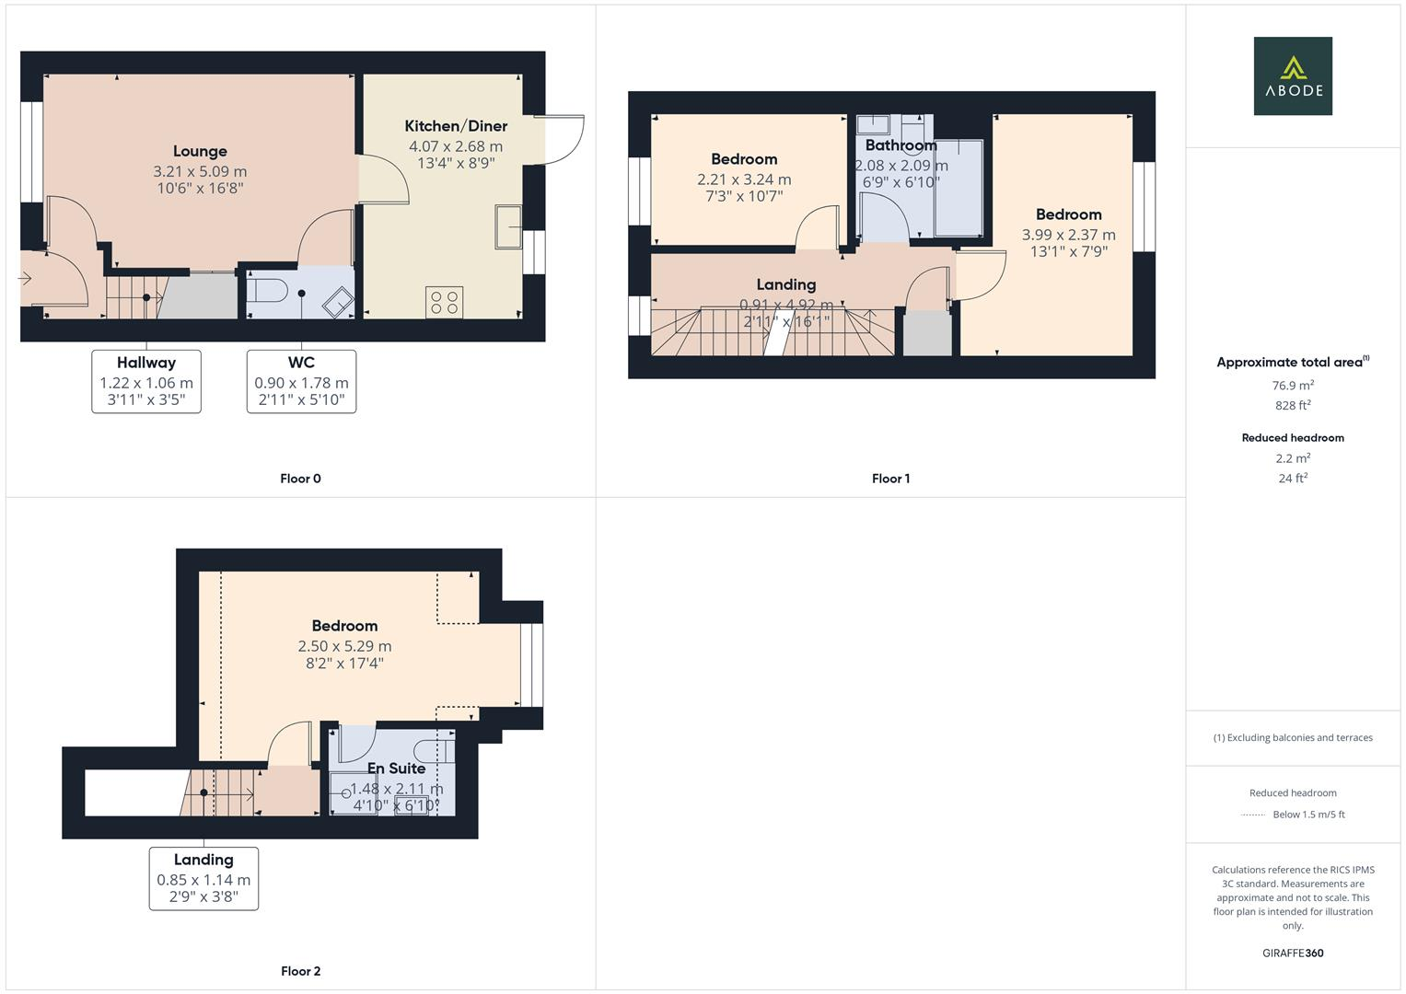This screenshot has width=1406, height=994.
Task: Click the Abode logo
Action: point(1292,75)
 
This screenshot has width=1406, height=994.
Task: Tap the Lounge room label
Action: point(200,151)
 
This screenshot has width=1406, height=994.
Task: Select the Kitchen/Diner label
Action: point(456,126)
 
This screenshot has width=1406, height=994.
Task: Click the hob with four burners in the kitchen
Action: point(444,302)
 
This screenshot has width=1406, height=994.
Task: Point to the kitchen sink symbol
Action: point(508,226)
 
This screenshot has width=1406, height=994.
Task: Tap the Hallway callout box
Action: point(146,381)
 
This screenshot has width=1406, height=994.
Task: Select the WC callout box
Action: point(301,381)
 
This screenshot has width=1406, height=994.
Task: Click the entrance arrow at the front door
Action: point(26,278)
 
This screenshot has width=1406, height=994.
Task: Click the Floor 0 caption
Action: point(300,479)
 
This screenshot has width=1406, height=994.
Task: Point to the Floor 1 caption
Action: point(890,479)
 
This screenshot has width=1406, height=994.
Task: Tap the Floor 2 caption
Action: point(300,971)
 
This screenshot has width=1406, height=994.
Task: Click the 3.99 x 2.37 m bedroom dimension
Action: point(1068,235)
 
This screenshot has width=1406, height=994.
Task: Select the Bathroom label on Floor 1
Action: point(901,145)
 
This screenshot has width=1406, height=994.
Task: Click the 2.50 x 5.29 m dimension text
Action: point(344,646)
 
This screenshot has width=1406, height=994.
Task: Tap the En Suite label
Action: point(396,769)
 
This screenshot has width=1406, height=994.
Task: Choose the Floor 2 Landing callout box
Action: point(203,878)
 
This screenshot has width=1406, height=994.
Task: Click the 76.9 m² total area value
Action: point(1293,386)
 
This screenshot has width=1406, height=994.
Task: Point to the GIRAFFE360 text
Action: point(1293,953)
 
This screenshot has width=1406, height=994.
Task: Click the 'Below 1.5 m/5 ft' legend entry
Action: point(1307,815)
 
